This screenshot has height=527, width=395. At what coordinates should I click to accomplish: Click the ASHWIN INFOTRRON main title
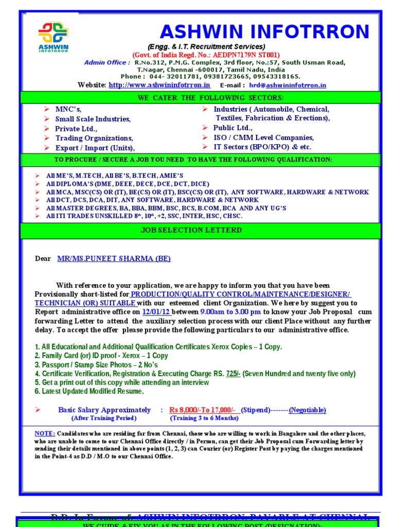[264, 32]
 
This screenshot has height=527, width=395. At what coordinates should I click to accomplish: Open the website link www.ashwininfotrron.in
[159, 85]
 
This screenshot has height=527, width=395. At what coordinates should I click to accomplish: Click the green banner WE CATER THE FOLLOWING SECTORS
[200, 98]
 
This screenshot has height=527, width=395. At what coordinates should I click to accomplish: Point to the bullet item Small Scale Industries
[93, 119]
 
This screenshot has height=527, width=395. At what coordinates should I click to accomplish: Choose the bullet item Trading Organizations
[94, 138]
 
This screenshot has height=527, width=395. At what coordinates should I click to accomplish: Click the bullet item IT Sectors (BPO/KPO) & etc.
[262, 147]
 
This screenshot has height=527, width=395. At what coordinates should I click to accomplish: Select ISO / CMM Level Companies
[263, 137]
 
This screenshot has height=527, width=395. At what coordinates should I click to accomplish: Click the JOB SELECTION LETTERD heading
[191, 230]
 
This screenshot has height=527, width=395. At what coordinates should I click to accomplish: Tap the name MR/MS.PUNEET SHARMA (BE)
[114, 258]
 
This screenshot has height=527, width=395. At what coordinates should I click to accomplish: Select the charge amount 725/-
[233, 374]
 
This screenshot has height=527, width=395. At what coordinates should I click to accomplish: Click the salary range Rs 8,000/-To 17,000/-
[204, 410]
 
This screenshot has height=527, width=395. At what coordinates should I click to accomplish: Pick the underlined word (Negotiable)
[307, 410]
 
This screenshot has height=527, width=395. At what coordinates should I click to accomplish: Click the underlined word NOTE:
[45, 433]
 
